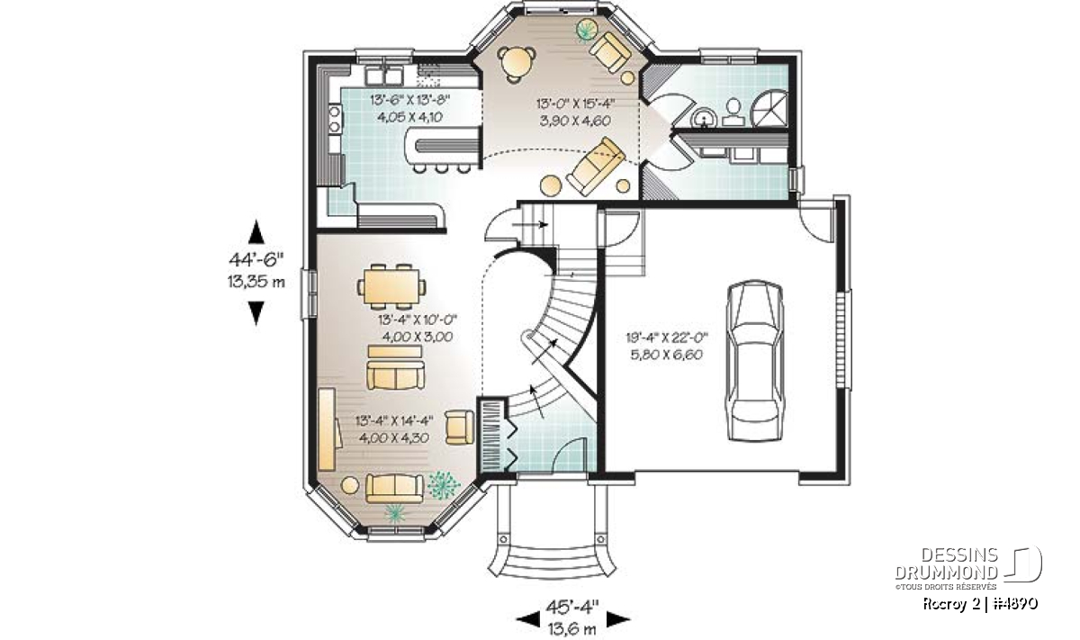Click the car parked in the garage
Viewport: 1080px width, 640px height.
(755, 360)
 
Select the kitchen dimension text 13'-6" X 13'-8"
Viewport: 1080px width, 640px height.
(409, 100)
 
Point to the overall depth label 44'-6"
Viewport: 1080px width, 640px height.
(256, 259)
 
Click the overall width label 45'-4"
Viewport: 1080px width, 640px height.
(572, 606)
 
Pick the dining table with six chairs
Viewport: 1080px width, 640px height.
(391, 286)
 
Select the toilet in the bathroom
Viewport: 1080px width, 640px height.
(733, 113)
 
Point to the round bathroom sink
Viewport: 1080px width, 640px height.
(704, 118)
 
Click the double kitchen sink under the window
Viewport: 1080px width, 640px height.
(384, 77)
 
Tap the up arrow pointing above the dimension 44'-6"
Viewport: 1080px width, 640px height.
(256, 231)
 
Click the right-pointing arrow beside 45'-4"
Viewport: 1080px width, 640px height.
(618, 618)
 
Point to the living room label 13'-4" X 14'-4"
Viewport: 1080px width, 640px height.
(394, 421)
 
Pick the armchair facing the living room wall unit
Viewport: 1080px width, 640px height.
(459, 427)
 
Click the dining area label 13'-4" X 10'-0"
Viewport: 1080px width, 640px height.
(417, 320)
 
